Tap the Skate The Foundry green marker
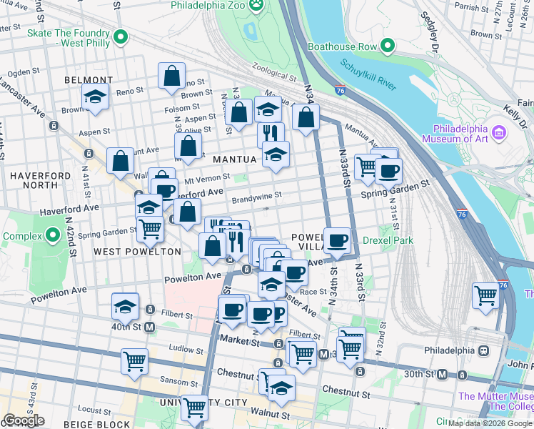[121, 37]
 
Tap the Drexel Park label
[388, 241]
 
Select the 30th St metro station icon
[443, 374]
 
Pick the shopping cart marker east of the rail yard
[485, 295]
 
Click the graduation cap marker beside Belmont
[95, 96]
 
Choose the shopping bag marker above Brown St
[172, 75]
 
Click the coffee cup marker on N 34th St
[337, 240]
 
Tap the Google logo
[24, 420]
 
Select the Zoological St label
[272, 75]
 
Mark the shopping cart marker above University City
[194, 407]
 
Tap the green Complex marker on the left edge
[52, 235]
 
